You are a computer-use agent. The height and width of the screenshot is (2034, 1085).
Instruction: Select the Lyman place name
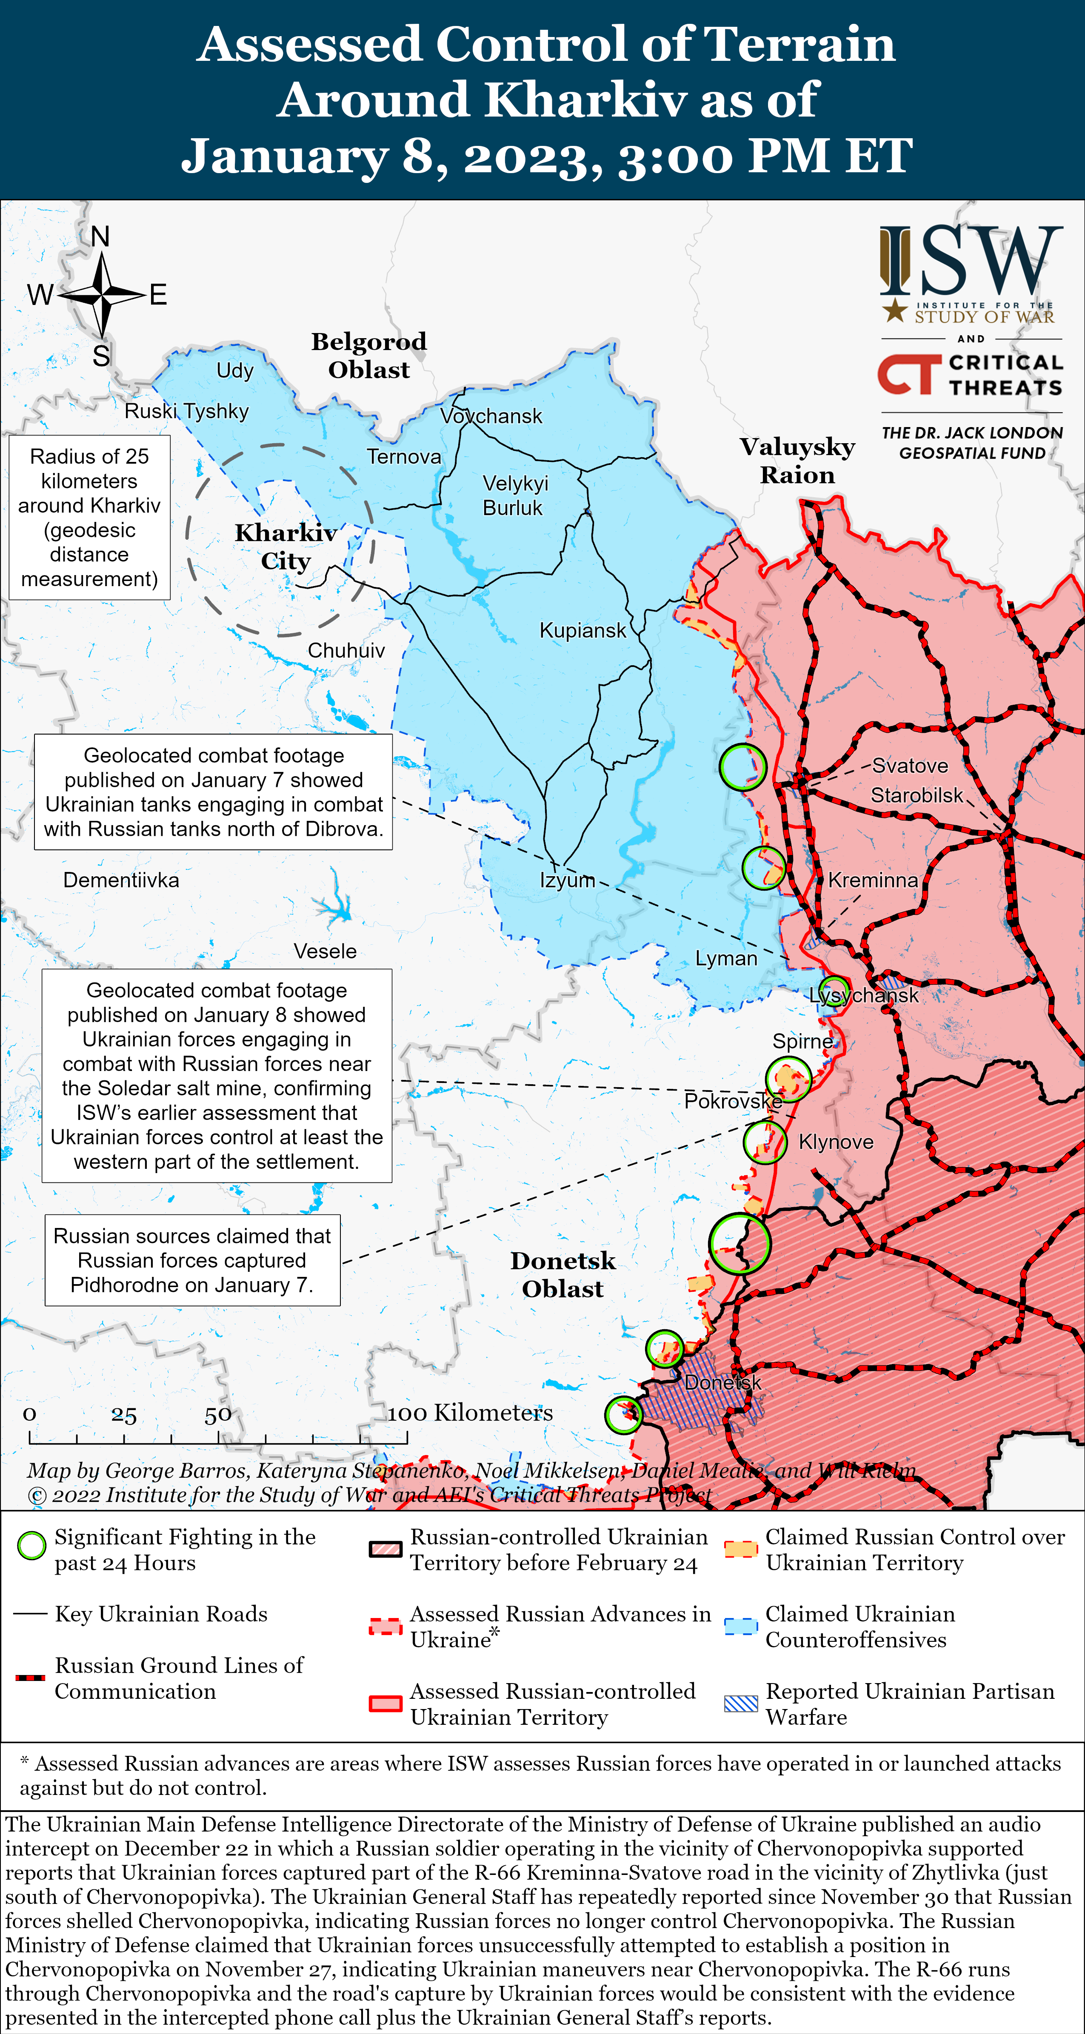(x=726, y=959)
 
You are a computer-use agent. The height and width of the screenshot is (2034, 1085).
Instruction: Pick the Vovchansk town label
(x=491, y=416)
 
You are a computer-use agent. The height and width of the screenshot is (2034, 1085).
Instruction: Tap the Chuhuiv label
(x=346, y=651)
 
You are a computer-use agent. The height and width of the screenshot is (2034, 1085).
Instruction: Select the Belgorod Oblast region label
(x=369, y=355)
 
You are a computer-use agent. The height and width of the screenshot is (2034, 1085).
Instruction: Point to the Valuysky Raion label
(x=797, y=460)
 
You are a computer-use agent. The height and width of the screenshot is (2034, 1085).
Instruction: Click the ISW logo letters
(x=971, y=261)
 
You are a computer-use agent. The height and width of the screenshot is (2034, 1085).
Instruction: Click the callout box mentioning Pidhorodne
(x=192, y=1260)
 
